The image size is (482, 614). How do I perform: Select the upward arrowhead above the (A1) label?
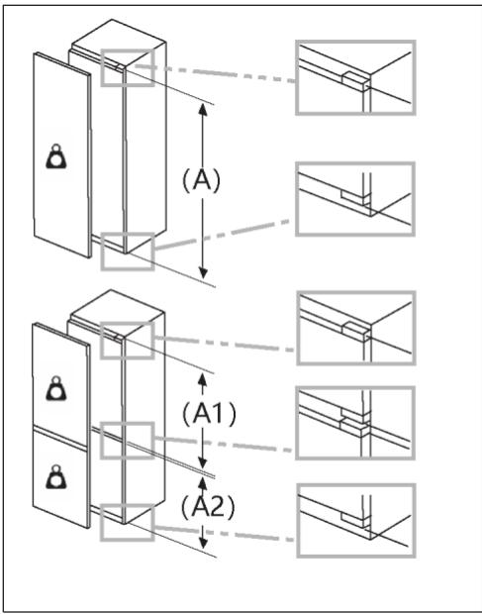tap(203, 377)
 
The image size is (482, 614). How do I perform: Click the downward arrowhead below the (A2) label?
tap(203, 548)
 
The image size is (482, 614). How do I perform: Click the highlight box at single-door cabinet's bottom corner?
tap(127, 252)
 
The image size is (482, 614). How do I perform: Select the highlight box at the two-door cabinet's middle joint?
tap(127, 440)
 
